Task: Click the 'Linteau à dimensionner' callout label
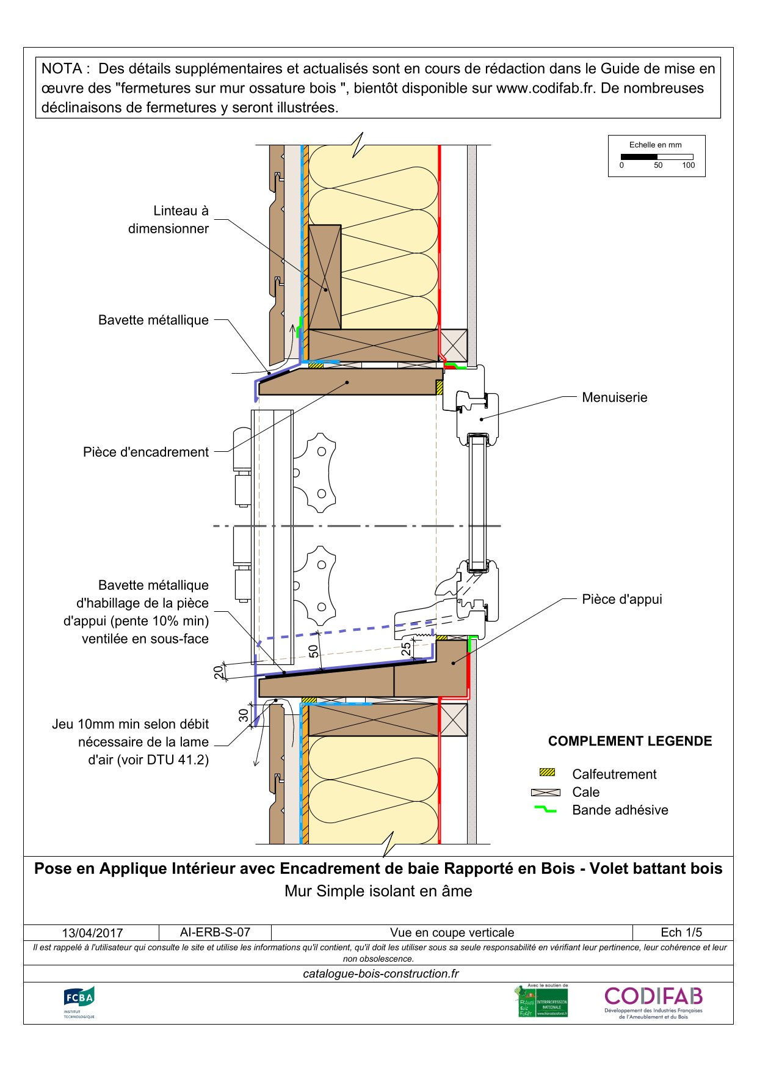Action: tap(168, 220)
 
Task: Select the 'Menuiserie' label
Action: tap(614, 398)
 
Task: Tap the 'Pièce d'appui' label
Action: tap(621, 599)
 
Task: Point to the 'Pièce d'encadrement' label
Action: tap(146, 452)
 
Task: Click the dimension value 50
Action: tap(314, 651)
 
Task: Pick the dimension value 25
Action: tap(407, 649)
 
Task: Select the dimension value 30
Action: tap(244, 714)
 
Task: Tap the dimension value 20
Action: tap(219, 672)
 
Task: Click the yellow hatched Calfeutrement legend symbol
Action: tap(547, 772)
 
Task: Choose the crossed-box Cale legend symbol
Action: tap(546, 792)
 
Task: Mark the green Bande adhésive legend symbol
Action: tap(545, 810)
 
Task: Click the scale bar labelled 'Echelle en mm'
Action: tap(656, 157)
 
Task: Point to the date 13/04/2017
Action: tap(92, 933)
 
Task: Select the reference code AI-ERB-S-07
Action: tap(215, 932)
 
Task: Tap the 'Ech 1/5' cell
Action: tap(681, 932)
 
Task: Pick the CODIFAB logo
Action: tap(653, 1001)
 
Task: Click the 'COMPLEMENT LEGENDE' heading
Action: tap(629, 741)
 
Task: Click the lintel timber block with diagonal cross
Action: tap(325, 277)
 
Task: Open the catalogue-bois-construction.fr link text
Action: tap(380, 974)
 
